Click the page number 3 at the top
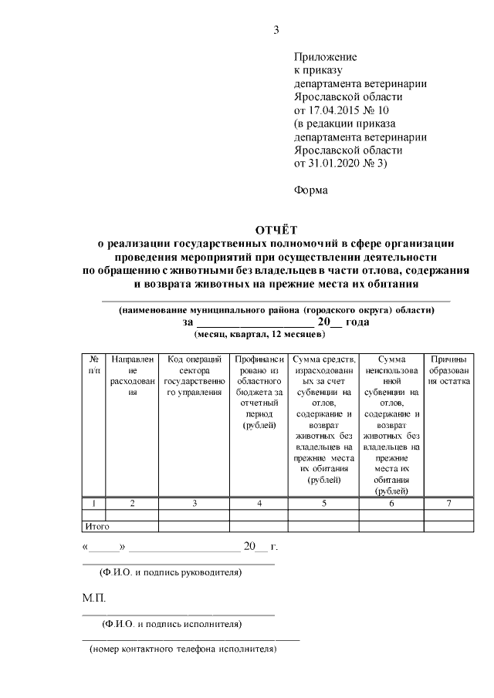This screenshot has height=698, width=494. point(276,30)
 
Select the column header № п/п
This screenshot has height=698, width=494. point(93,365)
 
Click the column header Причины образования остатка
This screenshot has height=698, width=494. point(448,370)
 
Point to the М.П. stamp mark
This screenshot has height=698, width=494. point(95,598)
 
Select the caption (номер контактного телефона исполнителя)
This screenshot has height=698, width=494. point(182,649)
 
